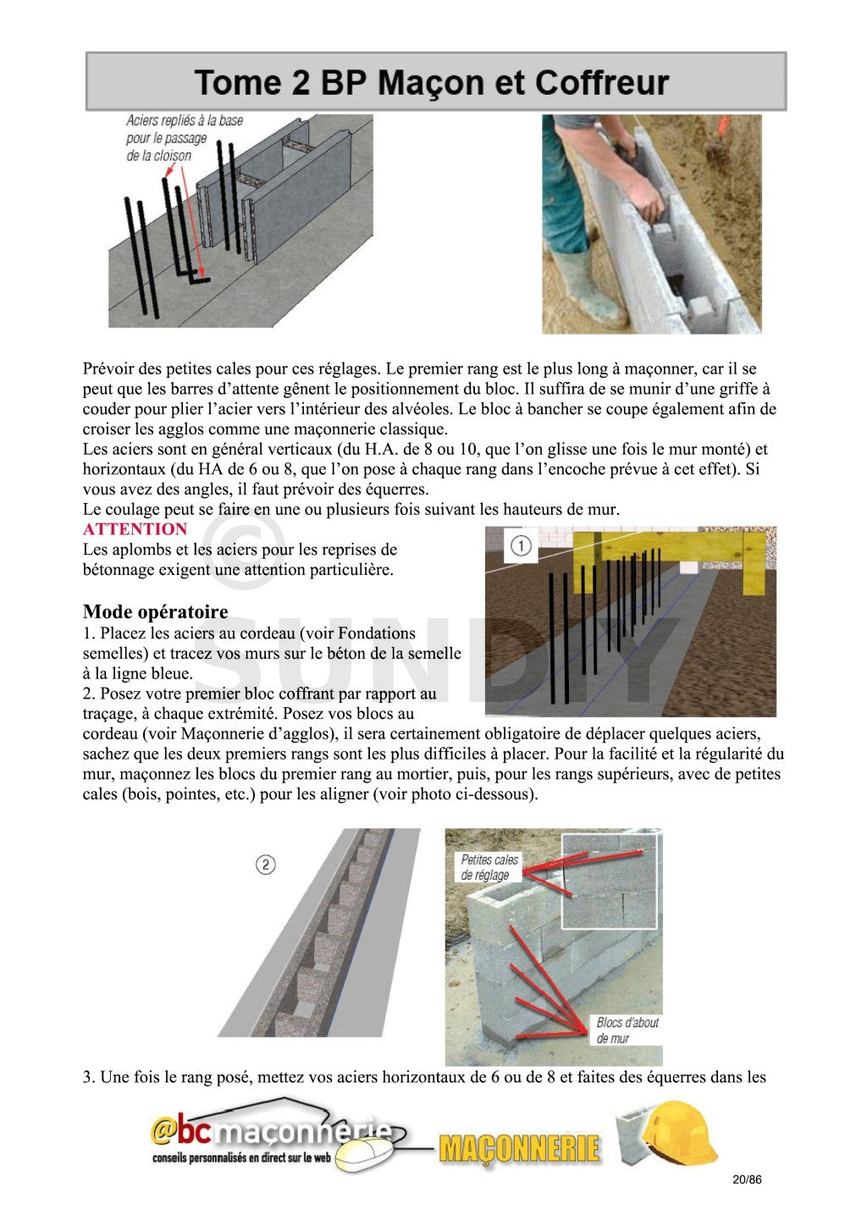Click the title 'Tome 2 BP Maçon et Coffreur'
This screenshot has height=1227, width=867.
pos(432,82)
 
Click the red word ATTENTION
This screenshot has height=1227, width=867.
pos(135,529)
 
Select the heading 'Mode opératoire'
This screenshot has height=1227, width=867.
pos(155,611)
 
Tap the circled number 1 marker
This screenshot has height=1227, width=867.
pos(521,546)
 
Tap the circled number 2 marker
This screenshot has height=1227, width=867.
pos(265,865)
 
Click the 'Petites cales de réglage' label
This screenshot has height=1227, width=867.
pos(489,867)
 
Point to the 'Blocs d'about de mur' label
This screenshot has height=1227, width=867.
pos(627,1030)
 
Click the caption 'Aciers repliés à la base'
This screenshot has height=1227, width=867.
pos(185,121)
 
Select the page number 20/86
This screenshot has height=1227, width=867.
pos(747,1180)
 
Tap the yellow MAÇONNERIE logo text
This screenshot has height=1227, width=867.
pos(519,1148)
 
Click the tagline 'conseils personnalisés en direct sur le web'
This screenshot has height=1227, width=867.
pos(241,1158)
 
